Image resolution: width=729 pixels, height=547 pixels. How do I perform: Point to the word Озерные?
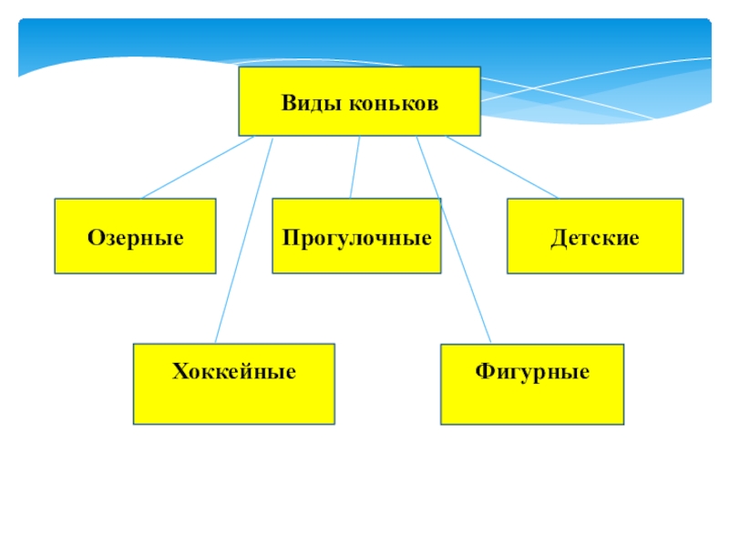(x=135, y=238)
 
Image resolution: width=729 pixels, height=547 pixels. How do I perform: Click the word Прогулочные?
(x=356, y=239)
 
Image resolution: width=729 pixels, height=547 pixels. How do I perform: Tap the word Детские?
(x=594, y=238)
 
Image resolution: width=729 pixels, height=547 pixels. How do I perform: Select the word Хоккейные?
(x=233, y=372)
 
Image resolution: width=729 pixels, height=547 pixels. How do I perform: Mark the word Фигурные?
(x=532, y=372)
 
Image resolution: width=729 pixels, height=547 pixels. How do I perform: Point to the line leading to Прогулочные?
(x=354, y=168)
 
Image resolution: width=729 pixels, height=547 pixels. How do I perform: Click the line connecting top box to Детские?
(x=501, y=168)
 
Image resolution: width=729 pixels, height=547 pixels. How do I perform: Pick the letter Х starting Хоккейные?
(x=179, y=372)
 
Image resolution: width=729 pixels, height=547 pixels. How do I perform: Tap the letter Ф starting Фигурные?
(x=482, y=372)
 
